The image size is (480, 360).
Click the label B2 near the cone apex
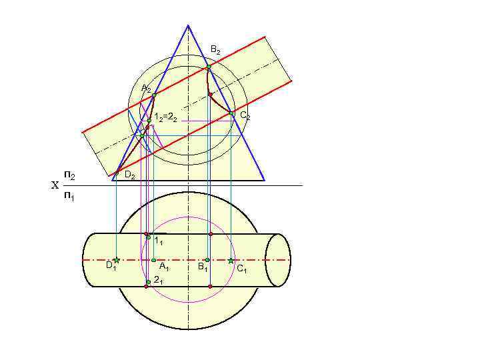[x=215, y=50]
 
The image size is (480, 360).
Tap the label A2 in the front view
[x=146, y=89]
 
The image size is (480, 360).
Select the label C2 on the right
[x=245, y=116]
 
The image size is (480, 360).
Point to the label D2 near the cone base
[x=130, y=176]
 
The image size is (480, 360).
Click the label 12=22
[x=165, y=118]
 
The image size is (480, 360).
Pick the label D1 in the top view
[x=111, y=266]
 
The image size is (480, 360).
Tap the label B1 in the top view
[x=203, y=267]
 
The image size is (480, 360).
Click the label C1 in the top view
[x=241, y=269]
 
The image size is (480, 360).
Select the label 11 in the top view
[x=159, y=241]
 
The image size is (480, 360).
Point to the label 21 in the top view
[x=158, y=280]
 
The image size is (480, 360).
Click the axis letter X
[x=55, y=186]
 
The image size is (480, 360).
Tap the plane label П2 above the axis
[x=69, y=175]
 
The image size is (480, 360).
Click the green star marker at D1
[x=116, y=260]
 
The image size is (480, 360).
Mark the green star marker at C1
[x=231, y=260]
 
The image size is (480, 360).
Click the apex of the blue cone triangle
[x=188, y=25]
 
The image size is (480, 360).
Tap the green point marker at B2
[x=208, y=67]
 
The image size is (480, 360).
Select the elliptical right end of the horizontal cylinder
[x=278, y=260]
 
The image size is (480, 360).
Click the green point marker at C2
[x=231, y=113]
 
